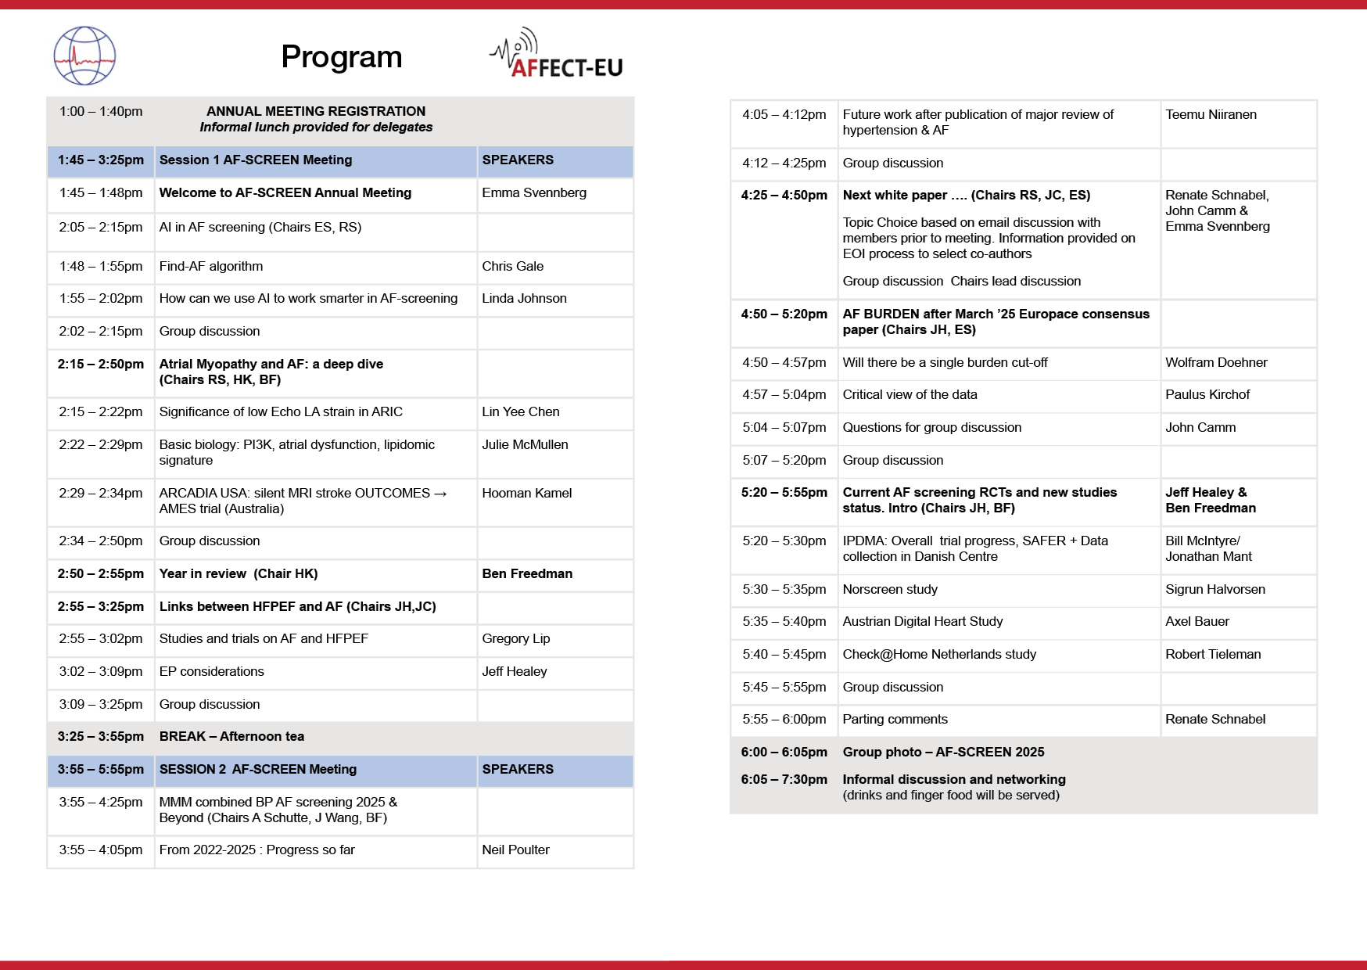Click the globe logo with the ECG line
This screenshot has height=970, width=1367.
pos(84,56)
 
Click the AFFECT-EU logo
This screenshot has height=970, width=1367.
pos(557,55)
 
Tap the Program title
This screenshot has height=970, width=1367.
pos(341,57)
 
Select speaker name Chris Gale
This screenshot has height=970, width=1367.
pos(512,266)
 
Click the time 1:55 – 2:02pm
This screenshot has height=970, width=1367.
pos(101,298)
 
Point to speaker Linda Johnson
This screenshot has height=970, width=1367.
pos(524,298)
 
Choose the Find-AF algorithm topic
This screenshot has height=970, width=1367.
pos(211,266)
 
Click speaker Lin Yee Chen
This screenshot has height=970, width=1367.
pos(520,411)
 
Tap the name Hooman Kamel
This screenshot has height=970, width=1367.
pos(526,493)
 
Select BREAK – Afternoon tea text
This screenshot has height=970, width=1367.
pos(231,736)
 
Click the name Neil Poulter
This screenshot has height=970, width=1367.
pos(515,850)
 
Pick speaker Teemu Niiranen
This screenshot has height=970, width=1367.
pos(1211,114)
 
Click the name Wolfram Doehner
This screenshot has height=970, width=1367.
pos(1216,362)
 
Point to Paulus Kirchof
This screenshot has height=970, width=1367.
pos(1207,394)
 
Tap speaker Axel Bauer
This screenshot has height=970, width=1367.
pos(1197,621)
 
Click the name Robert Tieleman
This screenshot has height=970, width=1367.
pos(1213,654)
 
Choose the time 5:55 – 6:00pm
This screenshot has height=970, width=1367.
pos(784,719)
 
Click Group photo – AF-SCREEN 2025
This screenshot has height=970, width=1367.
pos(943,752)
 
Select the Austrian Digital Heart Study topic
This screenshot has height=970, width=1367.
pos(922,621)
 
